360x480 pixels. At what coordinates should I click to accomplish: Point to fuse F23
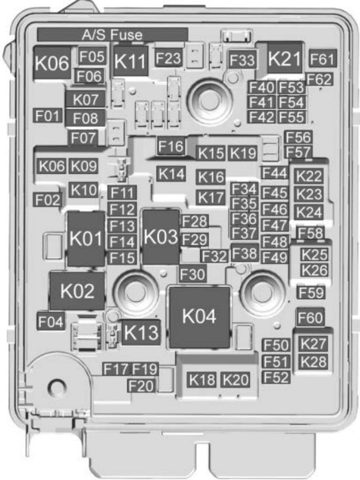tap(168, 58)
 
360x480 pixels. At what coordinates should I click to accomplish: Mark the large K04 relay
tap(199, 316)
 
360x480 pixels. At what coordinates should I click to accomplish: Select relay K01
tap(86, 239)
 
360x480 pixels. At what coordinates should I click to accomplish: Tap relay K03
tap(160, 236)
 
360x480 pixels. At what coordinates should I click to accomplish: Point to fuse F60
tap(310, 318)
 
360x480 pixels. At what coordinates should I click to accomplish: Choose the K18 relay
tap(201, 380)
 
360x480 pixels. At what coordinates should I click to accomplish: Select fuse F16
tap(171, 146)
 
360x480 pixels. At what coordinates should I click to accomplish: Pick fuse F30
tap(192, 273)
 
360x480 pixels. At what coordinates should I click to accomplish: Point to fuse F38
tap(245, 253)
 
